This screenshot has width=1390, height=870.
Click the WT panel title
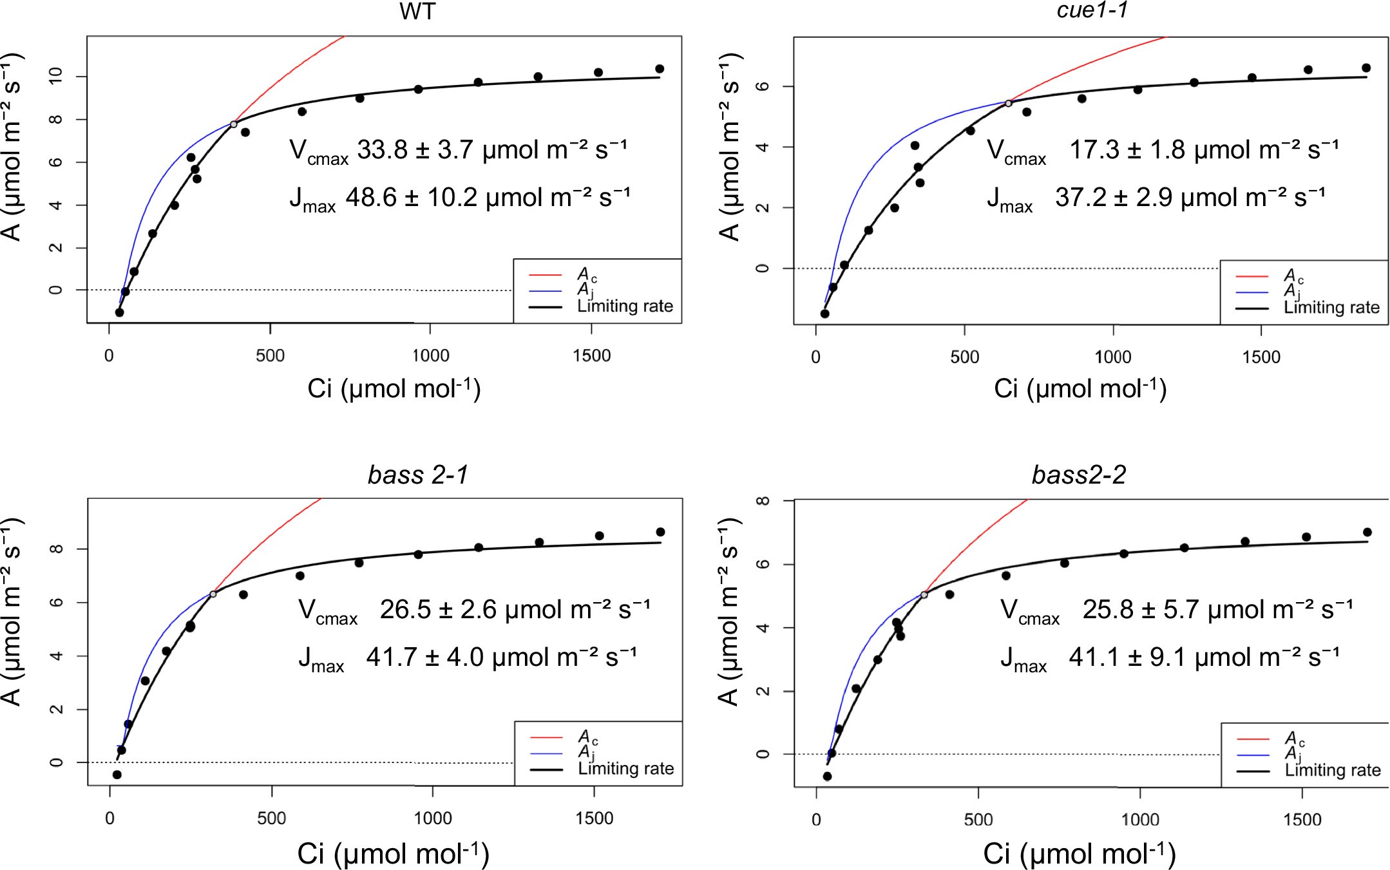tap(417, 12)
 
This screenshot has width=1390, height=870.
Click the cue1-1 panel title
tap(1092, 10)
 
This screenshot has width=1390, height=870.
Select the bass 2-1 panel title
tap(417, 475)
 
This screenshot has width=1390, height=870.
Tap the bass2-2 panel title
tap(1078, 475)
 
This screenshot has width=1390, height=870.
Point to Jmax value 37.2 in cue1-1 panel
tap(1081, 198)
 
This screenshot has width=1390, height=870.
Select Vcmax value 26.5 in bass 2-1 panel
tap(405, 609)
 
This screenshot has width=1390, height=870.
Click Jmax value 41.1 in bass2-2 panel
tap(1094, 657)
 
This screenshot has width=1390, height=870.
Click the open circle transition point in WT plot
tap(234, 124)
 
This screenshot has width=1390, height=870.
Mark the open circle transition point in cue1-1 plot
tap(1009, 103)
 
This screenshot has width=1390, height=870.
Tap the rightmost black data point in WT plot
tap(660, 69)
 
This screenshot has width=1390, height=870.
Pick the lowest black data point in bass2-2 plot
tap(827, 777)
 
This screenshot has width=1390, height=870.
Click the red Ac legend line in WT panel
tap(545, 276)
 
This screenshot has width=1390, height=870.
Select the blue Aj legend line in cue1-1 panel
tap(1252, 292)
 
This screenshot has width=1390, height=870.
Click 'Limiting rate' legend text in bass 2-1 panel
tap(625, 768)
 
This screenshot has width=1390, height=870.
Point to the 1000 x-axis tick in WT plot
tap(430, 355)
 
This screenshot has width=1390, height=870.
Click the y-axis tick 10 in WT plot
tap(56, 76)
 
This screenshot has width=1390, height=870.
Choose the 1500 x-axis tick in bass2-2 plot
tap(1302, 819)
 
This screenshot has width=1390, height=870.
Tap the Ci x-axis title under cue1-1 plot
tap(1080, 389)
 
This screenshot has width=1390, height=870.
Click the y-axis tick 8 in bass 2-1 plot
tap(56, 549)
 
